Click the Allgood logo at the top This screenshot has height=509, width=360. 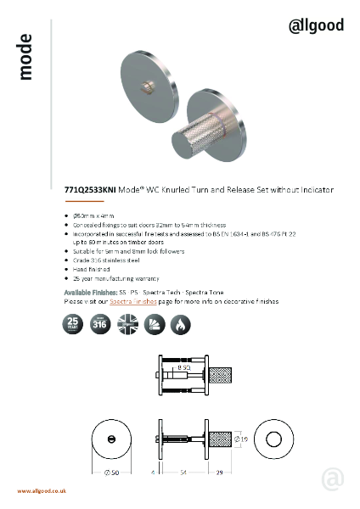[x=317, y=25]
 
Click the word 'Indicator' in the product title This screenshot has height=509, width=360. [x=315, y=191]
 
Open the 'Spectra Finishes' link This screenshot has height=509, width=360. [x=134, y=301]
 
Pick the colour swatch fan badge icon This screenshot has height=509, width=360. [x=155, y=323]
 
